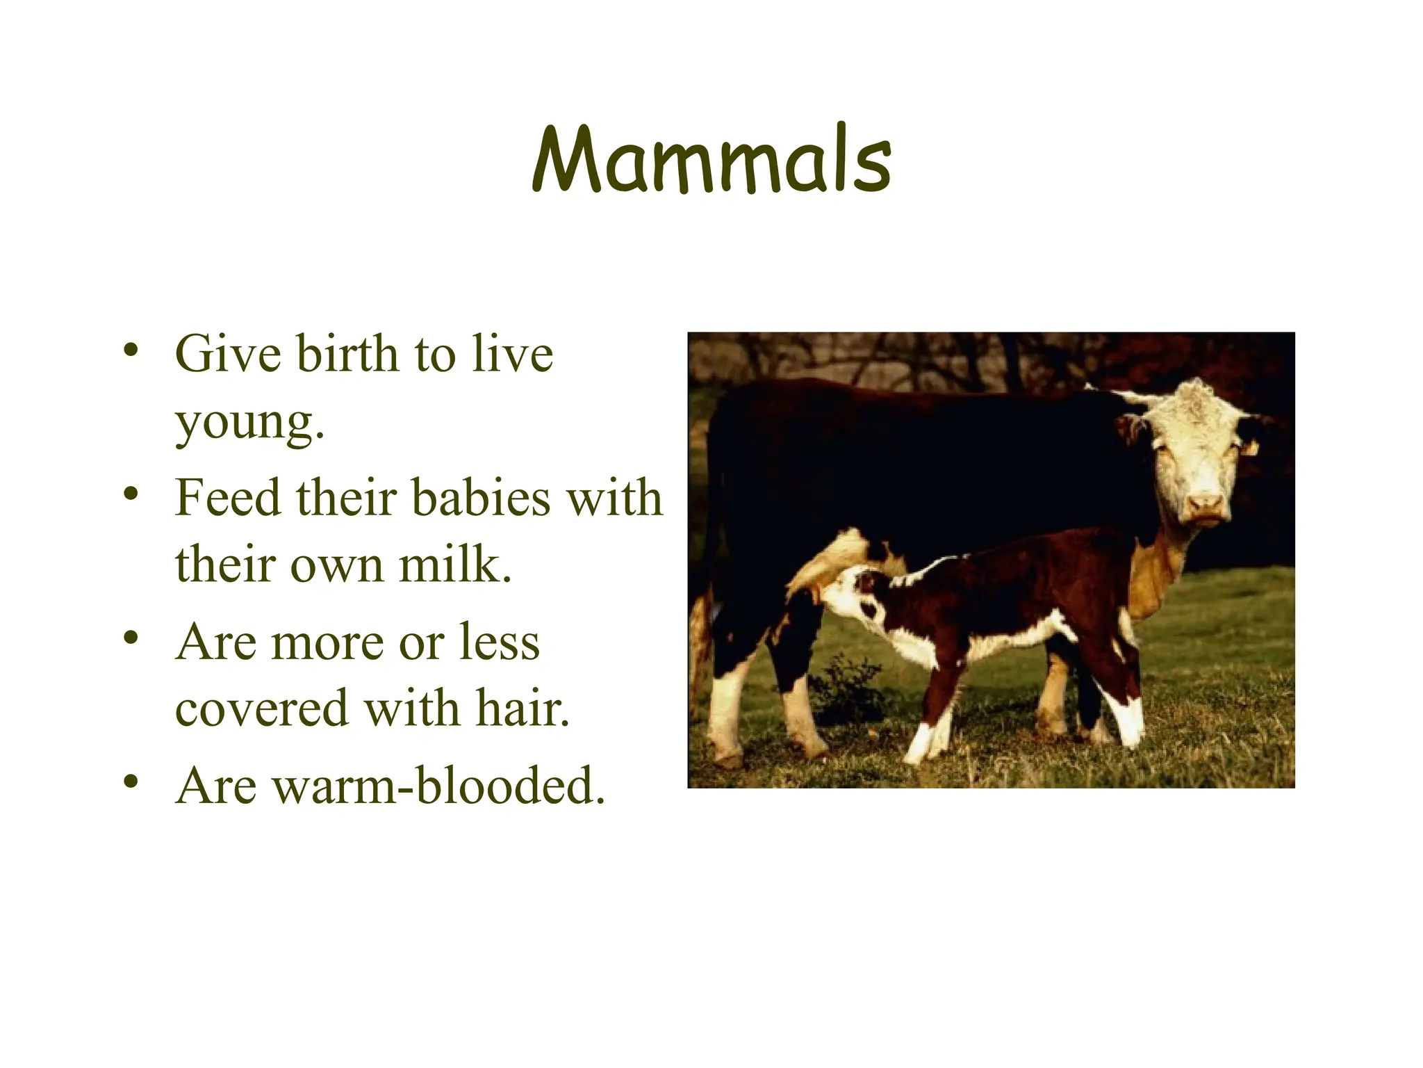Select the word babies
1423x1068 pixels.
pyautogui.click(x=480, y=499)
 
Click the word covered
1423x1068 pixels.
pyautogui.click(x=261, y=709)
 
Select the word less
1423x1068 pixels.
pyautogui.click(x=500, y=642)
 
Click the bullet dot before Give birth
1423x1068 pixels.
pyautogui.click(x=130, y=349)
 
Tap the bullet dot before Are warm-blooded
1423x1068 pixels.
pyautogui.click(x=130, y=782)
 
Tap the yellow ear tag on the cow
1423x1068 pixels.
pyautogui.click(x=1249, y=448)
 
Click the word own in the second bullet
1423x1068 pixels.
pyautogui.click(x=337, y=566)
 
